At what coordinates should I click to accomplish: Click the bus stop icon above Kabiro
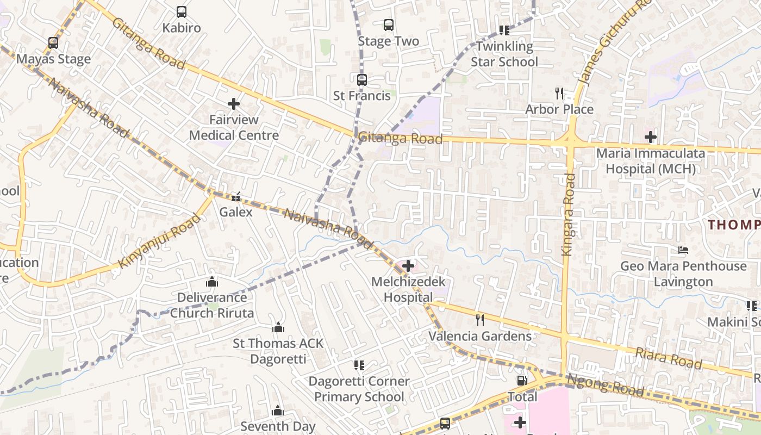pyautogui.click(x=182, y=11)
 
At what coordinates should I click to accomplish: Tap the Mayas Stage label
pyautogui.click(x=53, y=59)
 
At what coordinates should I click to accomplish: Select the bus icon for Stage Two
pyautogui.click(x=389, y=24)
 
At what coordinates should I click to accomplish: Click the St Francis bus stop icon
pyautogui.click(x=362, y=79)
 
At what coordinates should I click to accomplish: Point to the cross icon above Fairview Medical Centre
pyautogui.click(x=234, y=103)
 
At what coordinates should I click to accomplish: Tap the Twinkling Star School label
pyautogui.click(x=504, y=54)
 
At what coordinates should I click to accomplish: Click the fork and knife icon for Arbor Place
pyautogui.click(x=559, y=93)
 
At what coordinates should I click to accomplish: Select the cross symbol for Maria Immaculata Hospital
pyautogui.click(x=651, y=136)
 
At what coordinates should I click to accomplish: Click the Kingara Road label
pyautogui.click(x=568, y=214)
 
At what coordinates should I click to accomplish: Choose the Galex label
pyautogui.click(x=236, y=212)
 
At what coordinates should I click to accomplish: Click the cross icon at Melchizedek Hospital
pyautogui.click(x=408, y=265)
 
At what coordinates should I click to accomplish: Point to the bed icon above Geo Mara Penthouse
pyautogui.click(x=683, y=250)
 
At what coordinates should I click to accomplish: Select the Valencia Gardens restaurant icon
pyautogui.click(x=480, y=320)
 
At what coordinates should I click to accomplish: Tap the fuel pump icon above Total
pyautogui.click(x=522, y=381)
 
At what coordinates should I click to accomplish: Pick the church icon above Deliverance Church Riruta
pyautogui.click(x=212, y=281)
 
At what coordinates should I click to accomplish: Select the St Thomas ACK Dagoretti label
pyautogui.click(x=278, y=351)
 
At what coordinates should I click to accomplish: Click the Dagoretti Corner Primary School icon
pyautogui.click(x=359, y=365)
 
